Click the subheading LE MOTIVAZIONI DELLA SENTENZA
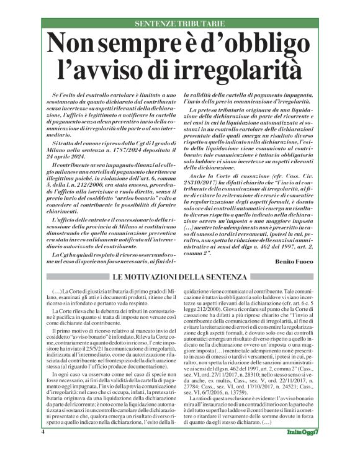[180, 276]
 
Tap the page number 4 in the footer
[43, 448]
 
